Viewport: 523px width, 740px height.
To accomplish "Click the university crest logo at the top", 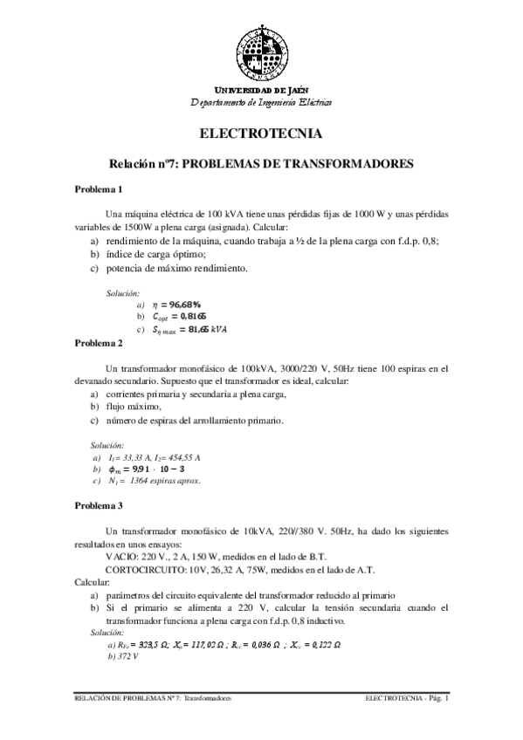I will [x=261, y=51].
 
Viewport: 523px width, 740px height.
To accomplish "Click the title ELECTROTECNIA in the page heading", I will [x=261, y=134].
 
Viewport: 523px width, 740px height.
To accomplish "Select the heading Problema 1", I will [x=99, y=189].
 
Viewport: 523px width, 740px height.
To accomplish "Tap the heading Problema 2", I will [x=99, y=343].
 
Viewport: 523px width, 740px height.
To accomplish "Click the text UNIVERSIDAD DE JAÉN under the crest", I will [x=261, y=91].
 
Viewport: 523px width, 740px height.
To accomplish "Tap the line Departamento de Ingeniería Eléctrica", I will [x=261, y=102].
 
